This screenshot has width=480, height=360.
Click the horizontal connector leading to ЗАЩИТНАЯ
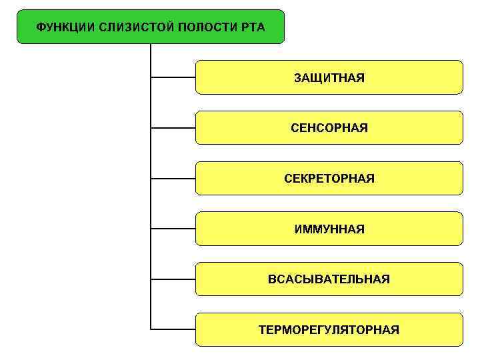(173, 77)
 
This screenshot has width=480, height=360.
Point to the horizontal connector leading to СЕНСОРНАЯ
(173, 127)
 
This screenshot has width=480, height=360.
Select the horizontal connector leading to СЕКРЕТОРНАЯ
(173, 178)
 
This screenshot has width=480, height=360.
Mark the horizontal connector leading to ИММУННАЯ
(173, 229)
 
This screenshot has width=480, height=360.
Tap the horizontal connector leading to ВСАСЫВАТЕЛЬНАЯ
(173, 279)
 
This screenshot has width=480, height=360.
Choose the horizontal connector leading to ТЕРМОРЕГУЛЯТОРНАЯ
(173, 329)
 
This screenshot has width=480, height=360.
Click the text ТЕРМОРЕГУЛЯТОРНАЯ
(329, 329)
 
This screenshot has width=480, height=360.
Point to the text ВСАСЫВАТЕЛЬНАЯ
(329, 279)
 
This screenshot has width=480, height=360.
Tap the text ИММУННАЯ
(329, 229)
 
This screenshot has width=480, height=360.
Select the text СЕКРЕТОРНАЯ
(329, 178)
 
